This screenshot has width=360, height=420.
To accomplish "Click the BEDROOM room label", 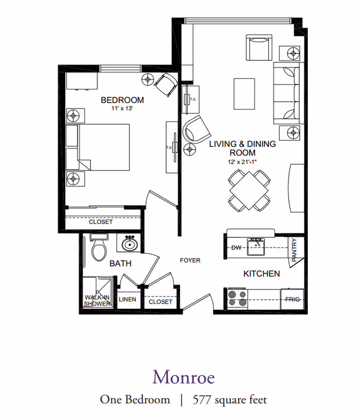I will pyautogui.click(x=122, y=100).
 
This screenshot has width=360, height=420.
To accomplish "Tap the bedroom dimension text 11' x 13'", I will pyautogui.click(x=122, y=109).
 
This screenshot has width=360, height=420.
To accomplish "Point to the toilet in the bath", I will pyautogui.click(x=99, y=248).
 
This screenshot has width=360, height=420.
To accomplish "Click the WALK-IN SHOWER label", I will pyautogui.click(x=97, y=300).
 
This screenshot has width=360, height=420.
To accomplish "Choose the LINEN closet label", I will pyautogui.click(x=127, y=300).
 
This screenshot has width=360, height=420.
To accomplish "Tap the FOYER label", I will pyautogui.click(x=190, y=260).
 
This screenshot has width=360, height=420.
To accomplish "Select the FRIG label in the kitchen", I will pyautogui.click(x=292, y=300).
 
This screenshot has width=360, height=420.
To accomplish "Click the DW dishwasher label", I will pyautogui.click(x=236, y=247).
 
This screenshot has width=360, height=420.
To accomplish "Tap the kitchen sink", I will pyautogui.click(x=256, y=245).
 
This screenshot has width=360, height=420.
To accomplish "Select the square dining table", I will pyautogui.click(x=248, y=190).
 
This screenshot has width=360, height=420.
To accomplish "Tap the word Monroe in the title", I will pyautogui.click(x=183, y=376).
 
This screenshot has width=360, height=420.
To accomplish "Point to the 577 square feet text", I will pyautogui.click(x=229, y=400).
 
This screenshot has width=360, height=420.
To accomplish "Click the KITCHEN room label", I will pyautogui.click(x=261, y=274).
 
